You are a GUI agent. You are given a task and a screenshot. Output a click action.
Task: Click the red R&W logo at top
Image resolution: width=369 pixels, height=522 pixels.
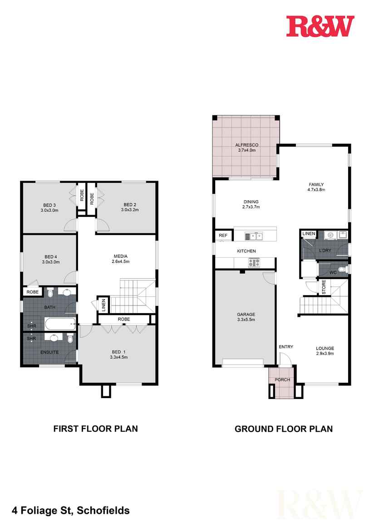[320, 26]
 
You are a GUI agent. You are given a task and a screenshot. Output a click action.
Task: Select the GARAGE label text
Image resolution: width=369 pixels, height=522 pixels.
[246, 314]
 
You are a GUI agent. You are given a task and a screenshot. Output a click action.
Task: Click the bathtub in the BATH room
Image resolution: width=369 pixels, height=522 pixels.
[60, 325]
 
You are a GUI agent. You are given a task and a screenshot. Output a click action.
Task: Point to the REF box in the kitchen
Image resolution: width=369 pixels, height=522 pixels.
[223, 236]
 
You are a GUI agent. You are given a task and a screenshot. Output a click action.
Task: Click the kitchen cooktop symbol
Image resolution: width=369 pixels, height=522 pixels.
[254, 262]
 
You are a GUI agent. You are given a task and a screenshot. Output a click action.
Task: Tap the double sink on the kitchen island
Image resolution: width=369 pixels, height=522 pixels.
[254, 236]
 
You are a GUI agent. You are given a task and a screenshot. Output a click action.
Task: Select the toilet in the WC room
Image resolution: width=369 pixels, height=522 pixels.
[345, 270]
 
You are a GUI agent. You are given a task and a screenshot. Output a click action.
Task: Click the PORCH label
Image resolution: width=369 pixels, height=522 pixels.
[282, 379]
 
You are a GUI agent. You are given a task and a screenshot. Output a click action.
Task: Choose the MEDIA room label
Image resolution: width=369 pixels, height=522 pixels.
[120, 256]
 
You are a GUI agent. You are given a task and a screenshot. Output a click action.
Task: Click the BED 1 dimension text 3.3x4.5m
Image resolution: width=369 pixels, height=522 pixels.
[118, 357]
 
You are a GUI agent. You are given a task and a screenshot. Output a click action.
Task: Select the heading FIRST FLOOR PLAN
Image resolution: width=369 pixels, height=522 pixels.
[96, 428]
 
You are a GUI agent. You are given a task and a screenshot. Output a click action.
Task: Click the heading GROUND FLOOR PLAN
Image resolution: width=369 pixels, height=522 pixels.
[283, 428]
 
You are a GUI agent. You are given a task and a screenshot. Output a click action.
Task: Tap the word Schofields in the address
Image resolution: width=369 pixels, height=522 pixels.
[103, 510]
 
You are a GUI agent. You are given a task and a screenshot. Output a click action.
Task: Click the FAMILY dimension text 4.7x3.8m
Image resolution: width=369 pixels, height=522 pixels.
[316, 190]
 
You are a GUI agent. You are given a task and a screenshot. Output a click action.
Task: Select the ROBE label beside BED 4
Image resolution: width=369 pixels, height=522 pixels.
[32, 292]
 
